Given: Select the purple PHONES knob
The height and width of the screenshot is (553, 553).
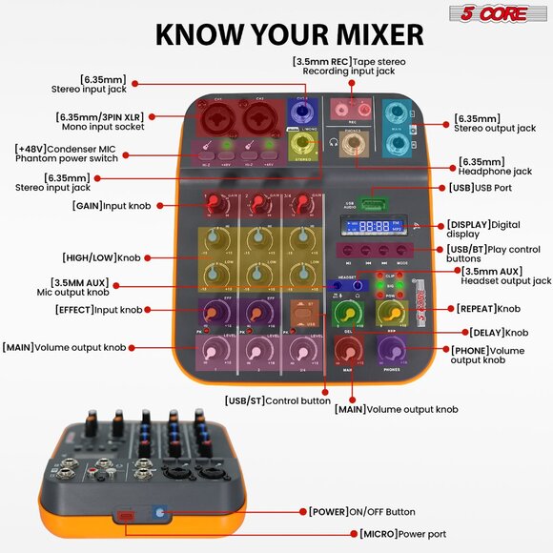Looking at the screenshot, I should [391, 351].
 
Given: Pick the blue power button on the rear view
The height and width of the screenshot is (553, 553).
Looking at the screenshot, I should [159, 513].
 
